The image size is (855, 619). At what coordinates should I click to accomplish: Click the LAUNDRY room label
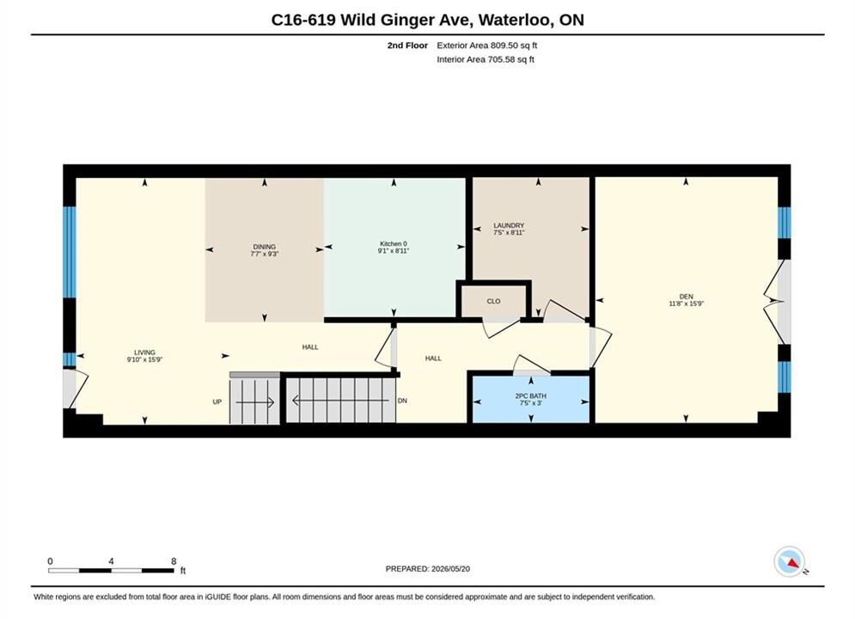[x=509, y=225]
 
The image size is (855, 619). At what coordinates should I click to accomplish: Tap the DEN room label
[x=686, y=297]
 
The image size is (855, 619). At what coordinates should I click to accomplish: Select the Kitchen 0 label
[x=394, y=244]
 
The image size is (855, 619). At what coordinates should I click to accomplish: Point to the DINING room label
[x=265, y=247]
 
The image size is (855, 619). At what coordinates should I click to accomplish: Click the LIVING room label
[x=144, y=352]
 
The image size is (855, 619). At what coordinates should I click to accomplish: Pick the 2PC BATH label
[x=530, y=396]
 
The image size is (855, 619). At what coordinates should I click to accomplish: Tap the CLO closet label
[x=493, y=301]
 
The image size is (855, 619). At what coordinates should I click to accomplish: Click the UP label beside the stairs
[x=217, y=402]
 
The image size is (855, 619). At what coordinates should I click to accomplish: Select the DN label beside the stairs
[x=402, y=401]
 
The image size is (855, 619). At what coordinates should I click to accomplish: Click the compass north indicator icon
[x=790, y=561]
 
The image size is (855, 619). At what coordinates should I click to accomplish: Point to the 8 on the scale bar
[x=174, y=561]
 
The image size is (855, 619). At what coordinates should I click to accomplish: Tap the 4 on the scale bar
[x=111, y=561]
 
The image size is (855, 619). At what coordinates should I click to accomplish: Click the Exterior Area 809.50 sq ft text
[x=487, y=46]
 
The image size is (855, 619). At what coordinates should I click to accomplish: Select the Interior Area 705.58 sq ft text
[x=486, y=59]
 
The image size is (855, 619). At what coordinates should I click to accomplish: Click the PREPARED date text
[x=428, y=569]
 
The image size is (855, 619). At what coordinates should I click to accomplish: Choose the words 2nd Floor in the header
[x=407, y=46]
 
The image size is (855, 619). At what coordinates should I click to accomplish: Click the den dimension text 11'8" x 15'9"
[x=686, y=303]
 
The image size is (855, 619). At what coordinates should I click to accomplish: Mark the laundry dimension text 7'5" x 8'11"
[x=509, y=232]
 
